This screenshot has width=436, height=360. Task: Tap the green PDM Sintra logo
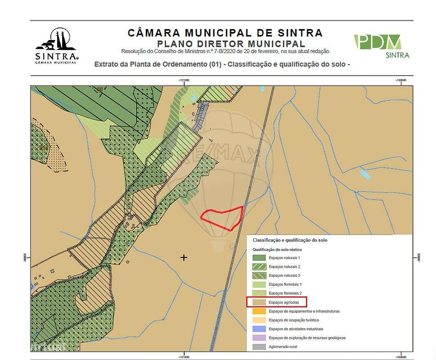click(381, 46)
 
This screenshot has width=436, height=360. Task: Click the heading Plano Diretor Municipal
click(231, 44)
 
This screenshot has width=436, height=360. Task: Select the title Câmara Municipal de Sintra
click(225, 33)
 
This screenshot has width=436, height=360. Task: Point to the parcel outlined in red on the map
click(223, 218)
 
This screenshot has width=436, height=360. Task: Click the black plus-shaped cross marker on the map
click(184, 257)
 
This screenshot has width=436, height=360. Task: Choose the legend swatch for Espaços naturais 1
click(259, 258)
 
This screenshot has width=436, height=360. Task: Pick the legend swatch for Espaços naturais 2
click(259, 267)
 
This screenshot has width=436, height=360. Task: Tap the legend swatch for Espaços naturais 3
click(259, 275)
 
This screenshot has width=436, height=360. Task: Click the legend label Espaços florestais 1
click(285, 284)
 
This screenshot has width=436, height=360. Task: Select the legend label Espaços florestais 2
click(285, 293)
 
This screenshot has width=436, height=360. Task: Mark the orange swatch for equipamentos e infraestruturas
click(259, 311)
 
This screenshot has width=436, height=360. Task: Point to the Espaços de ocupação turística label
click(294, 320)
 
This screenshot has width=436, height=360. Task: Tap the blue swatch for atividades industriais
click(259, 329)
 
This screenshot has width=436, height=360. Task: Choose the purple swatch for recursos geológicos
click(259, 337)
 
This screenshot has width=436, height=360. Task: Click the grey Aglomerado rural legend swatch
click(259, 346)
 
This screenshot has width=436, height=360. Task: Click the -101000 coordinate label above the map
click(183, 81)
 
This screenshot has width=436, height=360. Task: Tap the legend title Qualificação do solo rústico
click(277, 249)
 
